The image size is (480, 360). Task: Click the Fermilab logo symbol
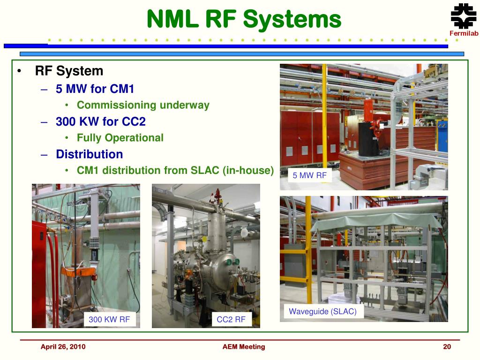point(463,17)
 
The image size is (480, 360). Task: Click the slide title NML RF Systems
point(244,20)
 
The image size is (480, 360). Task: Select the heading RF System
point(69,71)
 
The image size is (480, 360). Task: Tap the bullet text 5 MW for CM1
point(98,89)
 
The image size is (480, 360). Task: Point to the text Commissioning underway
point(143,105)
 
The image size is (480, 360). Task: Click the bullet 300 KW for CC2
point(101,121)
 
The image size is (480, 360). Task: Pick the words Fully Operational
point(120,138)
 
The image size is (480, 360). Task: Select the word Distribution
point(89,154)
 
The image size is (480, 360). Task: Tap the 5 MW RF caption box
point(309,176)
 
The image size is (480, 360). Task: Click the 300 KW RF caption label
point(110,320)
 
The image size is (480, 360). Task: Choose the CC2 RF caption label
point(231,320)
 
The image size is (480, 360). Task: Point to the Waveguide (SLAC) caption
point(322,311)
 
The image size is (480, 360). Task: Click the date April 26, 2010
point(63,347)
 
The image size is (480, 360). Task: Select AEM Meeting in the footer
point(243,347)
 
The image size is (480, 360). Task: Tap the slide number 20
point(447,347)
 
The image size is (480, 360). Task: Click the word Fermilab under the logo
point(464,33)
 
